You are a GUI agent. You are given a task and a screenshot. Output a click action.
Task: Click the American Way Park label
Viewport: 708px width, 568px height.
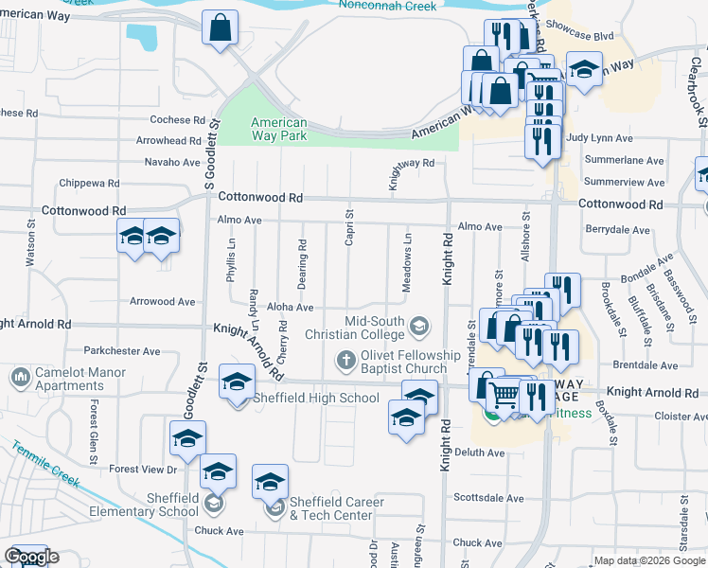pos(278,129)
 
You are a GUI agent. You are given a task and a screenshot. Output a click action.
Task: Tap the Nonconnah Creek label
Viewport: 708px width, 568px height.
pos(388,7)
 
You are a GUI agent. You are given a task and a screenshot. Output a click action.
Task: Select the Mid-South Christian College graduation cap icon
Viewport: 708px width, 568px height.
pos(417,328)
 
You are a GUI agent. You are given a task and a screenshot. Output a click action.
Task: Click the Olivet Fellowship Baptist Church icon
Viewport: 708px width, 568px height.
pos(345,362)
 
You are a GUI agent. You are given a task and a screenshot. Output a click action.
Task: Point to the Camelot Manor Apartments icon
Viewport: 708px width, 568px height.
pos(20,379)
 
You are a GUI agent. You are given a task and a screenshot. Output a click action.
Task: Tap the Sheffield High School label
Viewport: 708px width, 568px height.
pos(315,399)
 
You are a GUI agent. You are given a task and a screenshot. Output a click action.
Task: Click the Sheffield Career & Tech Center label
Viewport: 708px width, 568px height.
pos(337,508)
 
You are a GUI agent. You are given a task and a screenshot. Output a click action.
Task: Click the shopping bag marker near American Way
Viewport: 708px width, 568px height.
pos(220,30)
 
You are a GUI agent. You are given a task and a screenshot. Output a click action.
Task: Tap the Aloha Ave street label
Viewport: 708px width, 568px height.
pos(290,308)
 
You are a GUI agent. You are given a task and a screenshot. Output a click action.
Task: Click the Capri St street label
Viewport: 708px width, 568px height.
pos(349,228)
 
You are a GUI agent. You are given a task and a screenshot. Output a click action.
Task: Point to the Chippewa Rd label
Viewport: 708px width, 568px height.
pos(86,183)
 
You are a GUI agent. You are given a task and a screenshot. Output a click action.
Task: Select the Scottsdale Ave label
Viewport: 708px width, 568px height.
pos(488,498)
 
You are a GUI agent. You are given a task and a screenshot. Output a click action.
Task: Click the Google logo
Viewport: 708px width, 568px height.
pos(30,558)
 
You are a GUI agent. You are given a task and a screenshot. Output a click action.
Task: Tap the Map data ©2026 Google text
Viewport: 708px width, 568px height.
pos(648,560)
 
